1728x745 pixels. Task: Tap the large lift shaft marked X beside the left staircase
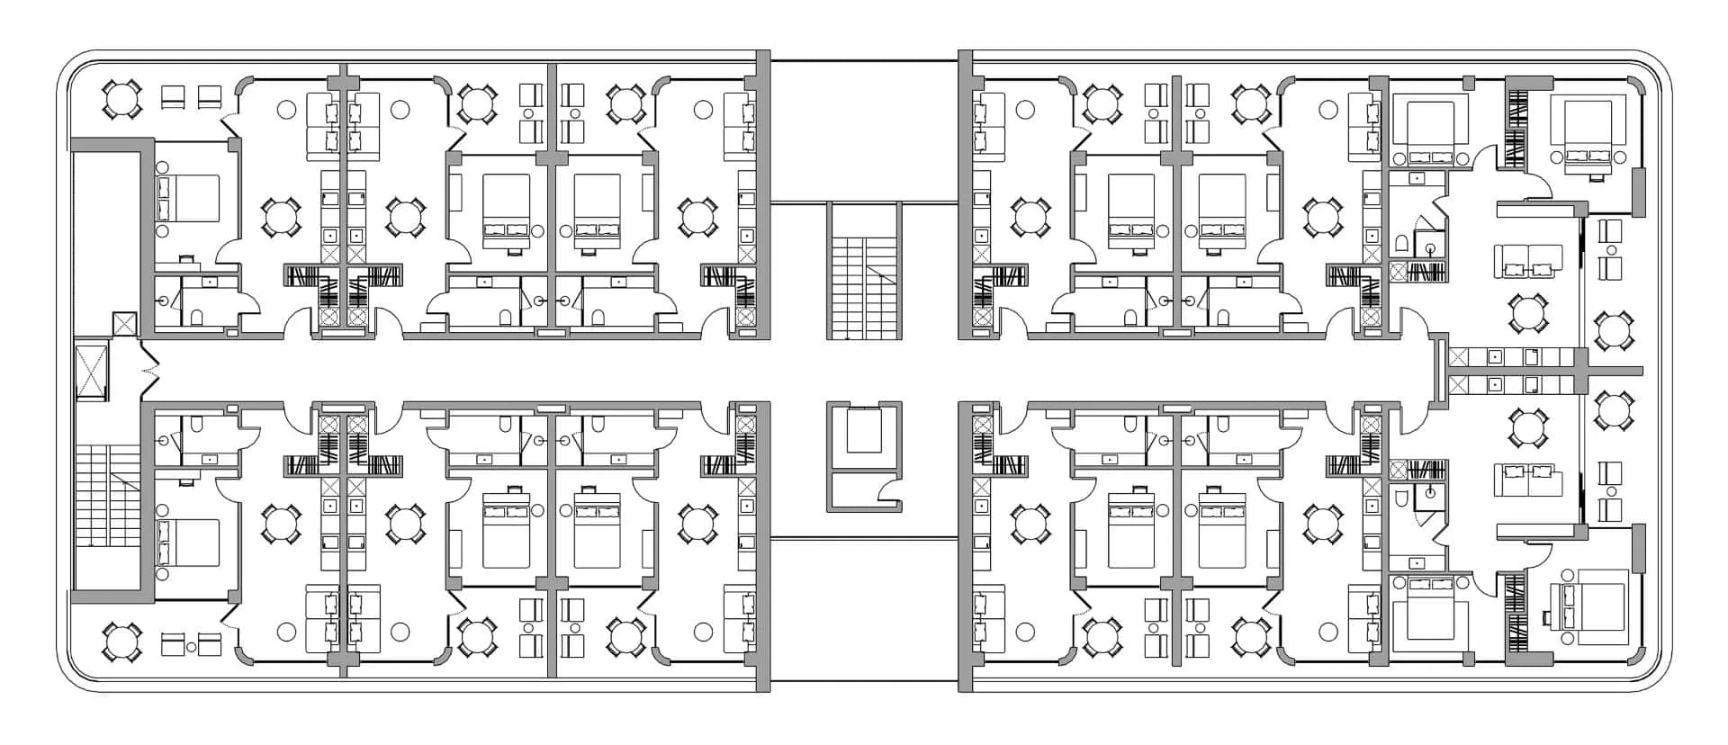(91, 370)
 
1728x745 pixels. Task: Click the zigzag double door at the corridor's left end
(148, 370)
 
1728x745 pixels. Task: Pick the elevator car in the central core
(863, 429)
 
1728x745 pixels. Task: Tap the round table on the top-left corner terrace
(121, 98)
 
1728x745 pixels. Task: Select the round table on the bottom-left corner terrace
(121, 642)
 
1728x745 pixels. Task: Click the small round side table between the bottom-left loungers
(192, 647)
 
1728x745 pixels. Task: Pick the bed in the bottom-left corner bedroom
(189, 543)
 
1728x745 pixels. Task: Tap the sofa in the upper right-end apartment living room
(1529, 261)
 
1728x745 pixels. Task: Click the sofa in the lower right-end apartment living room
(1529, 479)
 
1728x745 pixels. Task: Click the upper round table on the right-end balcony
(1613, 330)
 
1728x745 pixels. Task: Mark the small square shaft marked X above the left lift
(123, 325)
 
